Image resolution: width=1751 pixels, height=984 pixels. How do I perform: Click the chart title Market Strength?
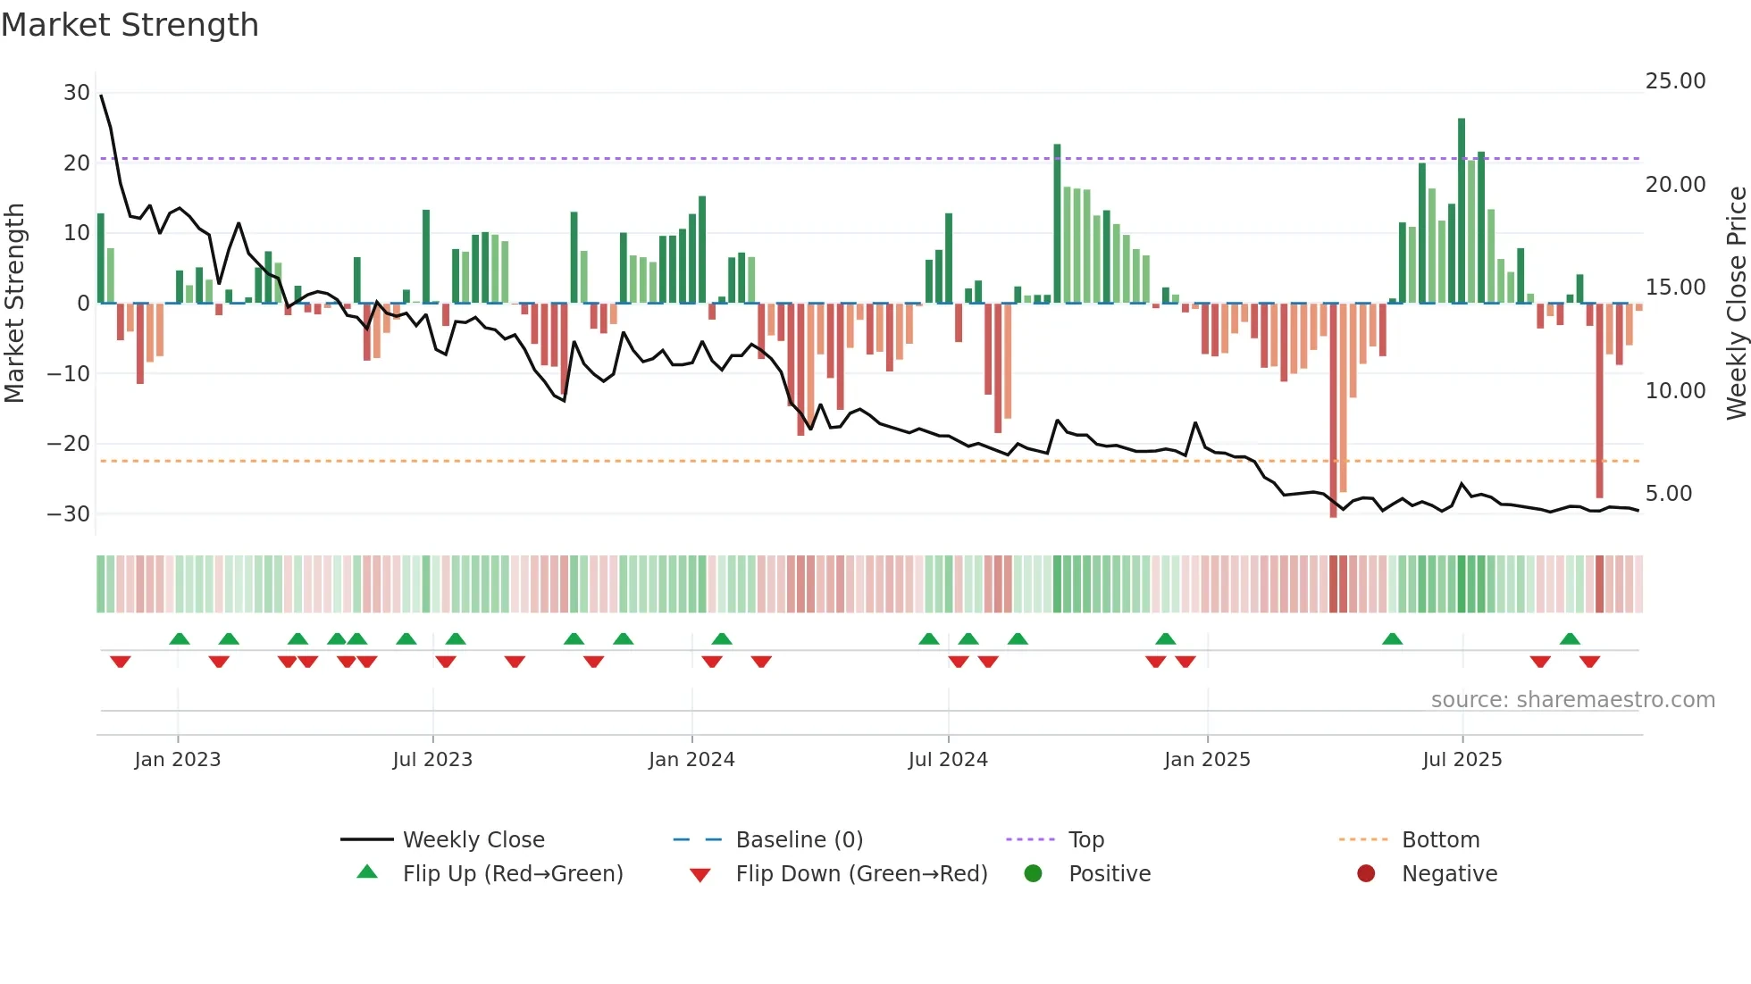[x=130, y=25]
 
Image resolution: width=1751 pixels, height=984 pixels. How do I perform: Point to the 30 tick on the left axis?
[x=77, y=93]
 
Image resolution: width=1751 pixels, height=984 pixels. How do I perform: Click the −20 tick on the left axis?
[x=69, y=444]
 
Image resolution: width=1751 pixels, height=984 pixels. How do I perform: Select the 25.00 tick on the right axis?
[x=1675, y=81]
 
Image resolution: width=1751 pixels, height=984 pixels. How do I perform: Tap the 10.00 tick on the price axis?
[x=1675, y=391]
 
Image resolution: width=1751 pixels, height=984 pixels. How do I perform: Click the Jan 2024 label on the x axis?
[x=691, y=760]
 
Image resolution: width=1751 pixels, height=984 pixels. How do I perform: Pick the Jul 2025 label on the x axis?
[x=1462, y=760]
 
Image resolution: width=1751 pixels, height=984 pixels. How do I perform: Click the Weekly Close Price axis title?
[x=1736, y=303]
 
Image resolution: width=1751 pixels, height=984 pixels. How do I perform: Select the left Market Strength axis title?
[x=15, y=303]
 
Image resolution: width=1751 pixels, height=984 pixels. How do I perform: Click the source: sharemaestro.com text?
[x=1572, y=700]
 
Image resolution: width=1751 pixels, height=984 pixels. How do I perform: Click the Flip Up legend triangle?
[x=367, y=872]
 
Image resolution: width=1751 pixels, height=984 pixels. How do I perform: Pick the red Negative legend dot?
[x=1366, y=873]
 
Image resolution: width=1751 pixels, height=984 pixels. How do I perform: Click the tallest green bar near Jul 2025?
[x=1462, y=210]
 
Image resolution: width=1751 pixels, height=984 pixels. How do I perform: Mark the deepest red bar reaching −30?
[x=1333, y=411]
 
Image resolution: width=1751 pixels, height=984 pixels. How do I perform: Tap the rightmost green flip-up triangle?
[x=1570, y=638]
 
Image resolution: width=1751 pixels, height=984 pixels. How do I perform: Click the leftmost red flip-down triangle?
[x=121, y=662]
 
